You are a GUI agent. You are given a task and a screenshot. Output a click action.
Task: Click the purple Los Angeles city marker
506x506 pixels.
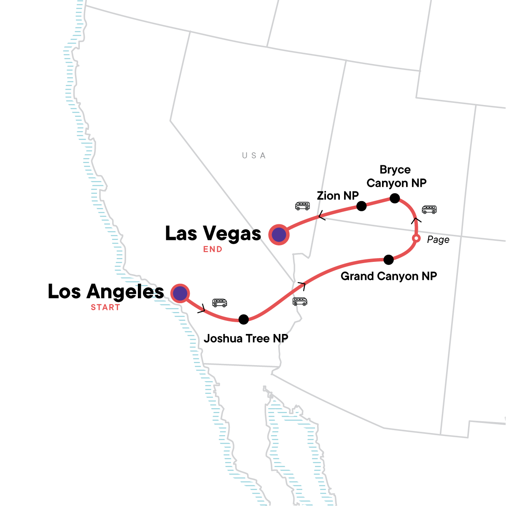pos(180,293)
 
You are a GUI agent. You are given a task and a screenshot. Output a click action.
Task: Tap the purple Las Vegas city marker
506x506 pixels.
pos(279,235)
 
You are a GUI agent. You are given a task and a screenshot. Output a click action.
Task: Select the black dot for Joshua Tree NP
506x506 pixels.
pos(243,319)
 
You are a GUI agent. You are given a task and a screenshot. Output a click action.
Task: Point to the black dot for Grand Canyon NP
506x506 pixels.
pos(389,260)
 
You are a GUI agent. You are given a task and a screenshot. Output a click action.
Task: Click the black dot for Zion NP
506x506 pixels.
pos(361,206)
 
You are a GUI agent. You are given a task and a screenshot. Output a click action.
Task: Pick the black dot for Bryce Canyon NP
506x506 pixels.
pos(394,198)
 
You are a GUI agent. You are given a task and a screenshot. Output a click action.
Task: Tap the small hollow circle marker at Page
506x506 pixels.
pos(416,239)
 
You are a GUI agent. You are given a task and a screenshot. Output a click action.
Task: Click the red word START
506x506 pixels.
pos(105,307)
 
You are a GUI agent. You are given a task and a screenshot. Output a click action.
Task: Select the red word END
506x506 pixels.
pos(213,249)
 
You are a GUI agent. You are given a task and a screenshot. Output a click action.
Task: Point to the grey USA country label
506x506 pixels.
pos(254,156)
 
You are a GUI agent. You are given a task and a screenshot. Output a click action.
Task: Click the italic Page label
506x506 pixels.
pos(438,240)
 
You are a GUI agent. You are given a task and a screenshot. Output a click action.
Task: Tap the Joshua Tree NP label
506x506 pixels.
pos(246,339)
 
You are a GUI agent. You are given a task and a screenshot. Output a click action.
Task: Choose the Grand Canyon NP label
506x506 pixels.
pos(389,276)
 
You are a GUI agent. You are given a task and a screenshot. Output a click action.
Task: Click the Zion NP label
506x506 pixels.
pos(338,196)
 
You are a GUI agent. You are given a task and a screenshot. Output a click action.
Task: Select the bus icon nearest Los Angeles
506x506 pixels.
pos(220,303)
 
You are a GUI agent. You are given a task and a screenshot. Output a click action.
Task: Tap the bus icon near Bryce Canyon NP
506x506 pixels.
pos(429,209)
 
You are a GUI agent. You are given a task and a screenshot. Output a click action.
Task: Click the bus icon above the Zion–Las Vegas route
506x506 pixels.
pos(302,206)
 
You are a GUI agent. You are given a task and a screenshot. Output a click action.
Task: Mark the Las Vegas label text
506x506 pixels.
pos(213,233)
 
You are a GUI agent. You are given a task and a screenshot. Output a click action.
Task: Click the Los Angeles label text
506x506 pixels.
pos(106,291)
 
